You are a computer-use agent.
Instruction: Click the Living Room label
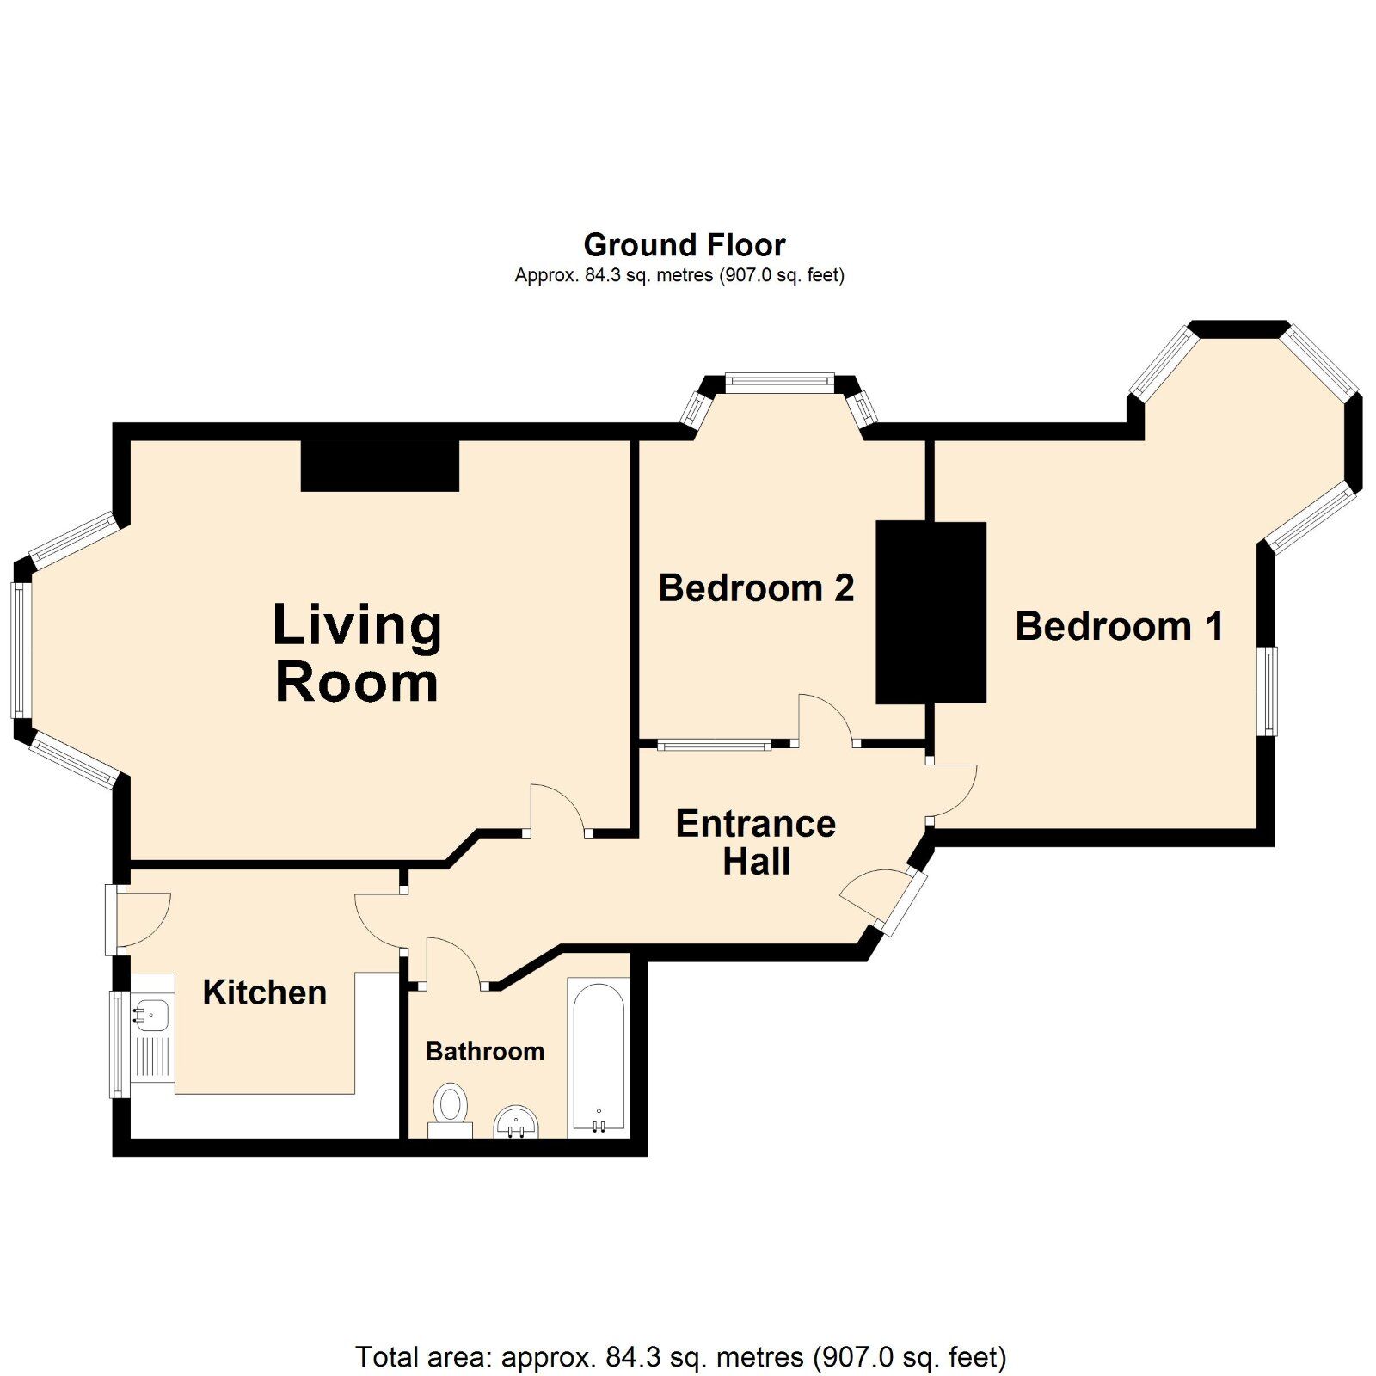point(357,653)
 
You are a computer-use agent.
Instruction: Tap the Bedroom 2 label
point(756,588)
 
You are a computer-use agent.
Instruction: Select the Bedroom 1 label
point(1119,626)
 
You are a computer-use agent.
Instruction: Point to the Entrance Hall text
point(756,843)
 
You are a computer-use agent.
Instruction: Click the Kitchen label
point(265,992)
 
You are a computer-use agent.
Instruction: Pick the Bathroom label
point(485,1051)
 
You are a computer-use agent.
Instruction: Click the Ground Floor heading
point(685,245)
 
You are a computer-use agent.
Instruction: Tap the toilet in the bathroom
point(450,1110)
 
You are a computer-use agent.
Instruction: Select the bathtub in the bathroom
point(599,1059)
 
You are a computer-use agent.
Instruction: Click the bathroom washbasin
point(516,1122)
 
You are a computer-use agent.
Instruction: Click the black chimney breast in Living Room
point(380,465)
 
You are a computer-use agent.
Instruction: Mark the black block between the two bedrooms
point(931,612)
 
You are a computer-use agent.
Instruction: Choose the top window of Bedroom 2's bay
point(779,382)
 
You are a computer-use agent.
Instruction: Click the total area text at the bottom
point(680,1357)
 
